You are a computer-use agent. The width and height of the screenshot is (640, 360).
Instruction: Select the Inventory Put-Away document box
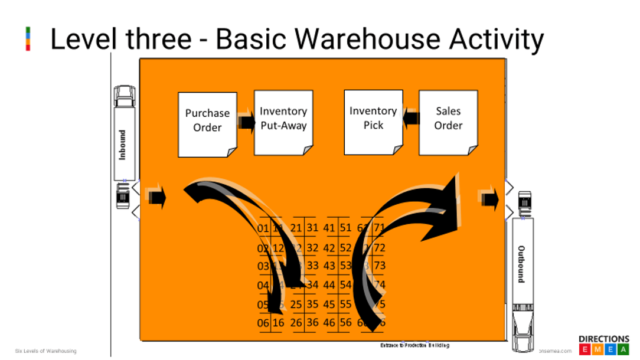tap(283, 122)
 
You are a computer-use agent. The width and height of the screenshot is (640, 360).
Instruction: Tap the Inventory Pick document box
tap(373, 121)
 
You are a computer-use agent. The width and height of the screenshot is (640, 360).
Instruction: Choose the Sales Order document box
tap(448, 122)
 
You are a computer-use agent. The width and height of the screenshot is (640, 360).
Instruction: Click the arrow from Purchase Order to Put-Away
tap(246, 121)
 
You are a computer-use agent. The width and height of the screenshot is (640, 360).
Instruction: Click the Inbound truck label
tap(123, 145)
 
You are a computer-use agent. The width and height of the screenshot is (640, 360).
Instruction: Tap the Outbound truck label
tap(521, 263)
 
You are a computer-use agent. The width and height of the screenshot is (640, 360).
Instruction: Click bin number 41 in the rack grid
tap(329, 228)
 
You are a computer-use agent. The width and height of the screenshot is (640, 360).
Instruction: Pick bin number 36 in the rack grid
tap(313, 323)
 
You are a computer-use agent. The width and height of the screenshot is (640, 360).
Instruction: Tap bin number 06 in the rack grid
tap(263, 323)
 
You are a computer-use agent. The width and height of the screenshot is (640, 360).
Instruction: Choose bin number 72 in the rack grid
tap(379, 248)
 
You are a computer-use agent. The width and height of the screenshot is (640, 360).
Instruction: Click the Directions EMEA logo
tap(603, 345)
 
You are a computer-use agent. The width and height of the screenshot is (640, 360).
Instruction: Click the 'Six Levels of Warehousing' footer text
tap(46, 351)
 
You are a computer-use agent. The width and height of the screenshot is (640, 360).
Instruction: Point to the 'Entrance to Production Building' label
tap(414, 345)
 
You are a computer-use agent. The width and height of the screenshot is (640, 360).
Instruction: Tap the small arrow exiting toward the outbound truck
tap(489, 197)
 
